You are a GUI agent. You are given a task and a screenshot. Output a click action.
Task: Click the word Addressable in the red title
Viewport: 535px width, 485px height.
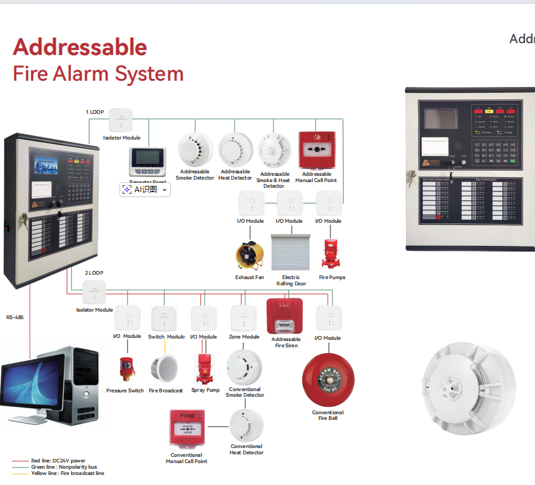pos(80,47)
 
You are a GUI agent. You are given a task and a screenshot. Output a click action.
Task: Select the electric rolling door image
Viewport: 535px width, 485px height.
pos(290,253)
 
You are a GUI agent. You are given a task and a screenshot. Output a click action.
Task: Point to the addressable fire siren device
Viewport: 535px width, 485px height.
pos(285,317)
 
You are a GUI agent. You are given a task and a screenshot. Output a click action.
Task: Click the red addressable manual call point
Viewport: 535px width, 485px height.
pos(315,150)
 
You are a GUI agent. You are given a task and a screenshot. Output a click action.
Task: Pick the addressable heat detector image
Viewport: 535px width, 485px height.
pos(235,149)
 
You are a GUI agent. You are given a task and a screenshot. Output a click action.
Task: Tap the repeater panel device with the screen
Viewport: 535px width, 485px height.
pos(147,161)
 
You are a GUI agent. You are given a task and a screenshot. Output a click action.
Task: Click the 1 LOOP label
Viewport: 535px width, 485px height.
pos(94,112)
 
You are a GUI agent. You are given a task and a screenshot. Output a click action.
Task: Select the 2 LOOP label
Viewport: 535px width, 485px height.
pos(94,273)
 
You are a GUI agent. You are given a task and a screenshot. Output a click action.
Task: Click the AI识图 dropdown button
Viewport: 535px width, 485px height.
pos(145,190)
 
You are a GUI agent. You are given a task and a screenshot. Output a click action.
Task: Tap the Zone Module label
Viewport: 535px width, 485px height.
pos(243,337)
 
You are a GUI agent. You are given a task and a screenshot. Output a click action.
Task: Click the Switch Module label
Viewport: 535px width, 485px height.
pos(166,337)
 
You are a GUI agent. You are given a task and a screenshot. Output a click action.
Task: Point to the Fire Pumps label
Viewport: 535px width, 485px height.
pos(332,277)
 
